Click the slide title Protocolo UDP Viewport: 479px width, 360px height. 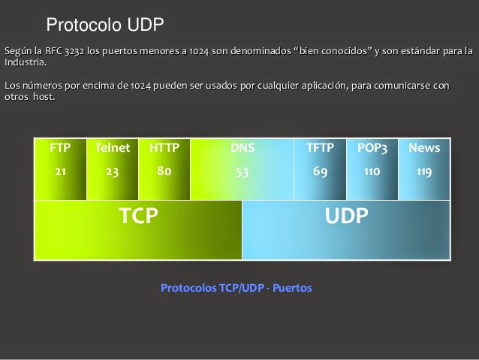(105, 26)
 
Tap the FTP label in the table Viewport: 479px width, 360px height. (60, 148)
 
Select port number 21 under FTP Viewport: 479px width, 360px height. (60, 171)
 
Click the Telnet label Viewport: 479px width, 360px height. (113, 148)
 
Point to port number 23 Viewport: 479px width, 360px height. (113, 171)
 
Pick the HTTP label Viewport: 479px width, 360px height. (164, 148)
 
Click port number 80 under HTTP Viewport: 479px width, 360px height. (164, 171)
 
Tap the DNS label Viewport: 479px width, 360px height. (243, 148)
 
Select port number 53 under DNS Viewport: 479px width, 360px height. (243, 171)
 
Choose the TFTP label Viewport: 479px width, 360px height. (320, 148)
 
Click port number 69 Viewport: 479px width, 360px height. (320, 171)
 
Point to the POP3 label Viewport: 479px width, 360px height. (372, 148)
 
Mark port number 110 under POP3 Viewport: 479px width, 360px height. (372, 171)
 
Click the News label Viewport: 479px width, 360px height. (424, 148)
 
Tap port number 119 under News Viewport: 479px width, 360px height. (424, 171)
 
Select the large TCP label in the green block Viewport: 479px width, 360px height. (139, 216)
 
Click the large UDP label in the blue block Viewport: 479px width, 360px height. (347, 216)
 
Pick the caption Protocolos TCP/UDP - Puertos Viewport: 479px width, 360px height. (236, 288)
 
